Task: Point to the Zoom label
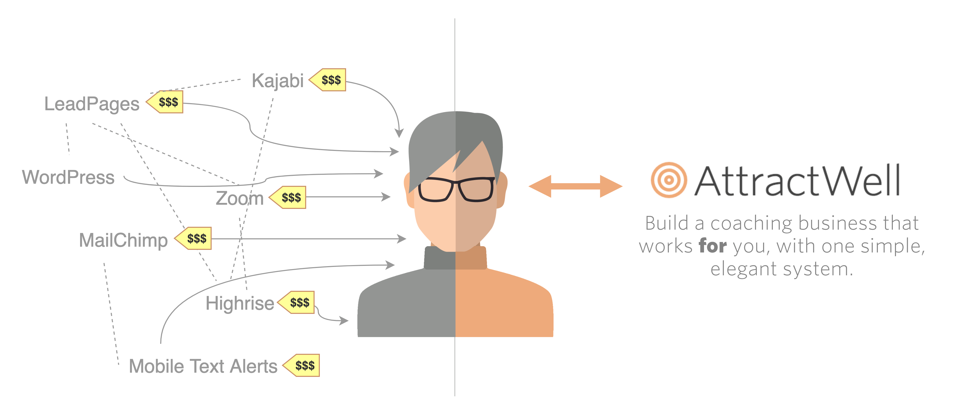coord(240,198)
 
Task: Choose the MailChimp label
coord(123,240)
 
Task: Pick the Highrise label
coord(240,303)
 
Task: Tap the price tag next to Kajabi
coord(327,80)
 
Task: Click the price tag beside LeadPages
coord(165,102)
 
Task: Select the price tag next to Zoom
coord(288,197)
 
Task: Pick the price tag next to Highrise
coord(296,302)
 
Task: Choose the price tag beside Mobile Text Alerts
coord(301,365)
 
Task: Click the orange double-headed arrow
coord(576,186)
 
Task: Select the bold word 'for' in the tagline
coord(713,246)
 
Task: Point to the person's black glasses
coord(457,189)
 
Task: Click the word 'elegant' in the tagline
coord(743,269)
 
